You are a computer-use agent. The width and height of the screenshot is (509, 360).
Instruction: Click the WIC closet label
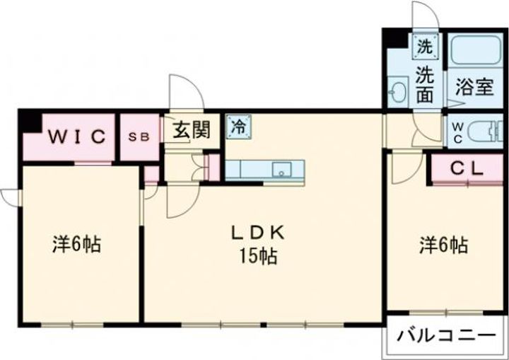[77, 137]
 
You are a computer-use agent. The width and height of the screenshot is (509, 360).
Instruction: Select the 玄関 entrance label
[192, 131]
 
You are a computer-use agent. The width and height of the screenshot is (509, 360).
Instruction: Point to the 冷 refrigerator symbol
[238, 128]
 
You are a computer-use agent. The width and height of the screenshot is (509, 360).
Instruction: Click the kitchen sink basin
[281, 170]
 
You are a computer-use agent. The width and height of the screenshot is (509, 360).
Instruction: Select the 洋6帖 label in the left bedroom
[76, 245]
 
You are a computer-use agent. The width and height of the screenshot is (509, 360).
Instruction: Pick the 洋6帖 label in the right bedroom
[443, 245]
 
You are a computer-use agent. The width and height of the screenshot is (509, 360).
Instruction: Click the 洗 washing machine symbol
[424, 47]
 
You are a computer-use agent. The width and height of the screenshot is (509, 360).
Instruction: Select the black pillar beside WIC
[29, 120]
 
